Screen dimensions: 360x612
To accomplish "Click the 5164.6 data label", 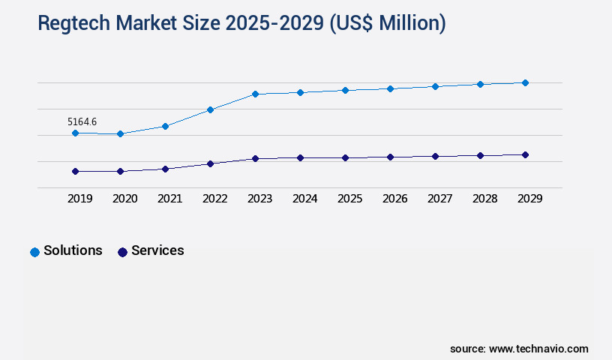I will (82, 121).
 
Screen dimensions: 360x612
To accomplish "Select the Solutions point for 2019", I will (75, 133).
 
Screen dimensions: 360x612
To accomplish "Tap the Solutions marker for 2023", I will (255, 94).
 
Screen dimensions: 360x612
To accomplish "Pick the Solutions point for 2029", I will (525, 82).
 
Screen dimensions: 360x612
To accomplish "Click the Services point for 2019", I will (75, 171).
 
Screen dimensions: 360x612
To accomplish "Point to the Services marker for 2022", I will (210, 163).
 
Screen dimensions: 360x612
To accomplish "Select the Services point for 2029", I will (525, 154).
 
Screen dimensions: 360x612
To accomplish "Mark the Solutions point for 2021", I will (165, 126).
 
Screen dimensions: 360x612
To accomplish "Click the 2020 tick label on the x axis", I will (125, 199).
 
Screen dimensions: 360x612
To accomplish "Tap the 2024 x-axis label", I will (305, 199).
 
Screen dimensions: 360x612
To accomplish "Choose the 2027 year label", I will (440, 199).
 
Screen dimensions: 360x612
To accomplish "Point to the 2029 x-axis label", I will (530, 199).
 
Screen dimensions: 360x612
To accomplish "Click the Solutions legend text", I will (73, 250).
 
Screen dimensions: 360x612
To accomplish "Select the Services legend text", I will (157, 250).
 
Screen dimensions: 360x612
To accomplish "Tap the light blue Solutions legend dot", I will (34, 252).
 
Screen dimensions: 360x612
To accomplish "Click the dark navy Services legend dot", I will (122, 252).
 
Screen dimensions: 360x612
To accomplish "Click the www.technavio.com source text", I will (538, 349).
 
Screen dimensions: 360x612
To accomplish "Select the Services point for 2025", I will (345, 157).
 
